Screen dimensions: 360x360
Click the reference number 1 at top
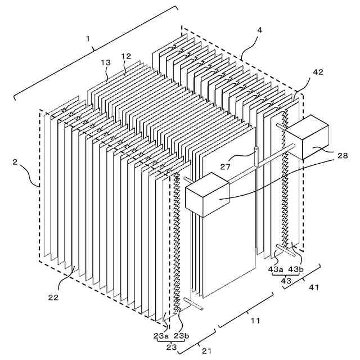point(88,38)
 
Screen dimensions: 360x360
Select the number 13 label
point(106,63)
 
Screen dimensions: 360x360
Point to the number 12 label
point(126,56)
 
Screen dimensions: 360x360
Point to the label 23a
point(161,335)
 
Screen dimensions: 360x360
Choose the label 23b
point(181,335)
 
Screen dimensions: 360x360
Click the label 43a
point(276,269)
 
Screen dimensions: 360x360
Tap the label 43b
point(296,269)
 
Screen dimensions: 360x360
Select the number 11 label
point(255,321)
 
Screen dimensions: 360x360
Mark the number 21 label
point(207,351)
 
